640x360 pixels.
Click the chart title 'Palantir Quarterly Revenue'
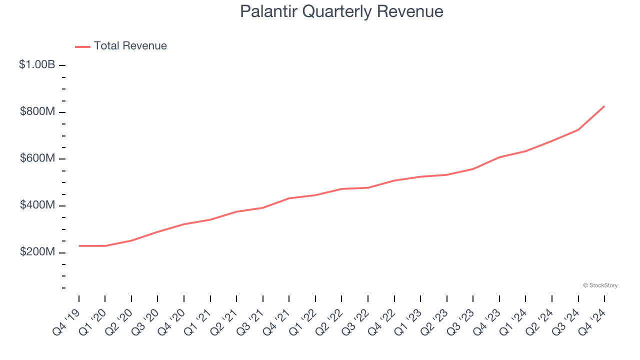pyautogui.click(x=341, y=11)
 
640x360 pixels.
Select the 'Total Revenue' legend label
pyautogui.click(x=130, y=46)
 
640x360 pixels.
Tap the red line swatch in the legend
pyautogui.click(x=82, y=46)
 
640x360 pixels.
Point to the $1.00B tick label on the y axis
pyautogui.click(x=37, y=64)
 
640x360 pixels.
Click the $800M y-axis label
pyautogui.click(x=37, y=111)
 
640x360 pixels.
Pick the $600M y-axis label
pyautogui.click(x=37, y=158)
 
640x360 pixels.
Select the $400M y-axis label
pyautogui.click(x=37, y=205)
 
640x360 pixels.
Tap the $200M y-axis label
pyautogui.click(x=37, y=252)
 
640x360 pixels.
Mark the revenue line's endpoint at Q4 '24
pyautogui.click(x=604, y=106)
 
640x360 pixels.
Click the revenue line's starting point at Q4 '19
pyautogui.click(x=79, y=245)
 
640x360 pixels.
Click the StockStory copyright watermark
pyautogui.click(x=600, y=285)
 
